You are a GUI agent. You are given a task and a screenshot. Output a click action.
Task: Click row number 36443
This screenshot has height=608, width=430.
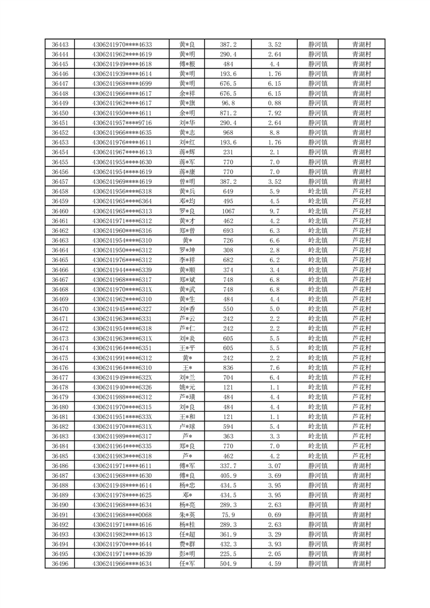click(x=60, y=44)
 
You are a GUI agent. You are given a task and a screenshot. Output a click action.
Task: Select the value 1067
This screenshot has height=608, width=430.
click(x=228, y=211)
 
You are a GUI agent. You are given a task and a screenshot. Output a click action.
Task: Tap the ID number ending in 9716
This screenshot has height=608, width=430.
click(x=122, y=122)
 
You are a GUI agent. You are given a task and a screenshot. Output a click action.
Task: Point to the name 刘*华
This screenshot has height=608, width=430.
click(x=187, y=122)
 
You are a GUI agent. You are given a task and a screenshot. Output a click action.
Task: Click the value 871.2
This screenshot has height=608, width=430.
click(x=228, y=113)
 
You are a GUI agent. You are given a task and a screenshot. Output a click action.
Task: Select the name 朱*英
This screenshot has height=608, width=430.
click(x=187, y=515)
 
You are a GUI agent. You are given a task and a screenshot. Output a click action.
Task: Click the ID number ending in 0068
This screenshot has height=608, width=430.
click(x=122, y=515)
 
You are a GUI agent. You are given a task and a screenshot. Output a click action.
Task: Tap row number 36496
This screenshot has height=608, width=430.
click(x=60, y=564)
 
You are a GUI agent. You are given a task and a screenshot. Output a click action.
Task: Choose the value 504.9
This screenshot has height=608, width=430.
click(x=228, y=564)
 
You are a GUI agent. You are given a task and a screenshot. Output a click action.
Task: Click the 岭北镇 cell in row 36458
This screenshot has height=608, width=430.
click(x=317, y=191)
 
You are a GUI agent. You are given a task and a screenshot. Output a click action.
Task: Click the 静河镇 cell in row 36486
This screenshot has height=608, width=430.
click(x=317, y=465)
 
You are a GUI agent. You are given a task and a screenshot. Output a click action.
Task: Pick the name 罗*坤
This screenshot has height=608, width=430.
click(x=187, y=250)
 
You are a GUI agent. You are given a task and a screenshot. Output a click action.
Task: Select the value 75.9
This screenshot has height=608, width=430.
click(x=228, y=515)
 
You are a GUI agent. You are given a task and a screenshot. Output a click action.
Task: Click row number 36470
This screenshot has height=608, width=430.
click(x=60, y=309)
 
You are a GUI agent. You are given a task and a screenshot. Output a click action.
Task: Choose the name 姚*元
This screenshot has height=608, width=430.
click(x=187, y=387)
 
